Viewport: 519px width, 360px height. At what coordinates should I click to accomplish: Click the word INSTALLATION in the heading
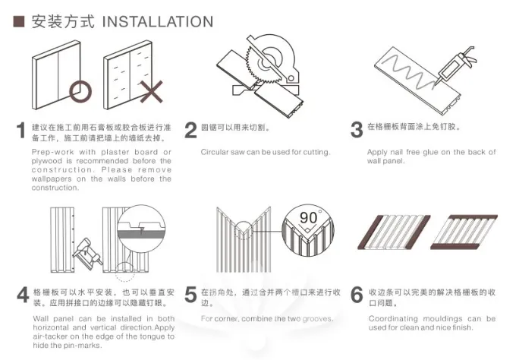click(157, 21)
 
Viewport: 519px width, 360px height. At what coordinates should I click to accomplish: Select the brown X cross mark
click(150, 92)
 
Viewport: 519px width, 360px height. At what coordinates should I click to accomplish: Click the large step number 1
click(21, 131)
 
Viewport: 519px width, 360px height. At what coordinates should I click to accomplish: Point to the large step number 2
click(190, 130)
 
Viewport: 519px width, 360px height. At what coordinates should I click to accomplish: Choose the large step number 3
click(356, 130)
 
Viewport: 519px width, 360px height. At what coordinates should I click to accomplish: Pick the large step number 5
click(190, 295)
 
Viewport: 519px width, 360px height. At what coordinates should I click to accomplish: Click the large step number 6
click(356, 295)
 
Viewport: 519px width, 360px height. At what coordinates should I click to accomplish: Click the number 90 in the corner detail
click(308, 218)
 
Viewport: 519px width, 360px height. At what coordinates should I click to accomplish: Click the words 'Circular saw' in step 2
click(223, 152)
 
